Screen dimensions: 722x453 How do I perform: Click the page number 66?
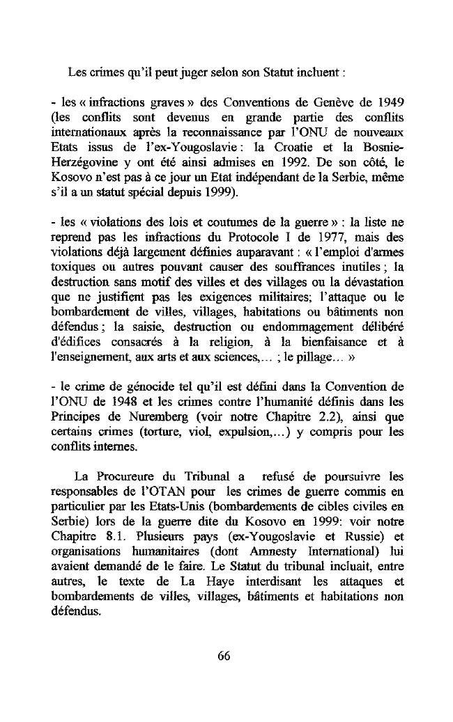(x=224, y=655)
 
